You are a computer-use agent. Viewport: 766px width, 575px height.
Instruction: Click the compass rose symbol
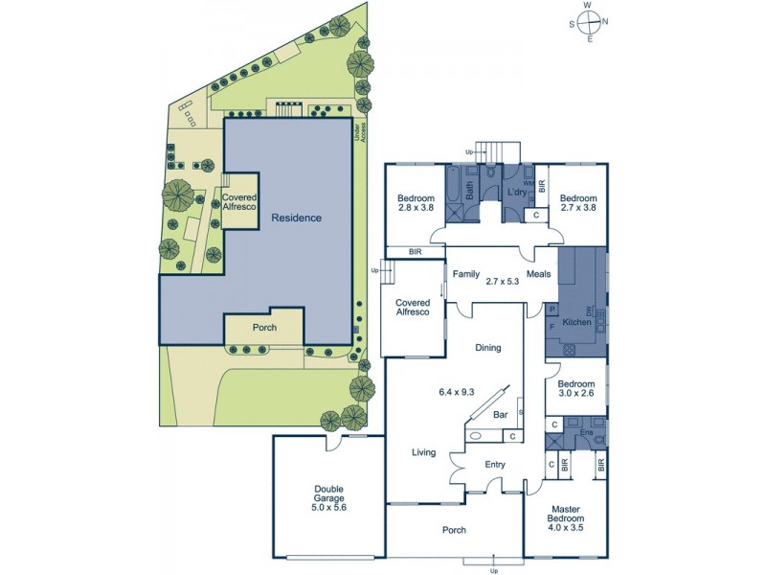[x=589, y=21]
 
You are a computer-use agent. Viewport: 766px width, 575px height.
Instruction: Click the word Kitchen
[x=575, y=322]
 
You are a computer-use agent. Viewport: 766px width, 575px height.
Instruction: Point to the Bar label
[x=499, y=416]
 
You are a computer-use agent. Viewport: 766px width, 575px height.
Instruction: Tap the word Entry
[x=494, y=465]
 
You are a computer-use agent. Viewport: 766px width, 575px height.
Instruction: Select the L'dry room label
[x=516, y=193]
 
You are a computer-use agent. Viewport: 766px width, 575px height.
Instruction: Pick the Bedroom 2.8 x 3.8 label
[x=417, y=204]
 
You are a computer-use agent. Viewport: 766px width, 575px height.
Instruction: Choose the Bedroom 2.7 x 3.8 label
[x=578, y=204]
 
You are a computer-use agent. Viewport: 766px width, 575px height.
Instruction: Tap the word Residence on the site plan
[x=296, y=218]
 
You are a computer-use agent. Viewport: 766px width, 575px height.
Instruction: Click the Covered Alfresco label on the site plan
[x=239, y=201]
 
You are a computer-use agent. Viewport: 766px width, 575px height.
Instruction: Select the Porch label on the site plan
[x=264, y=328]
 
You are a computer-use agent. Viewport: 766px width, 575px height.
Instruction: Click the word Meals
[x=539, y=274]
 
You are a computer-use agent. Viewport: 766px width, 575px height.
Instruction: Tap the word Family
[x=466, y=274]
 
